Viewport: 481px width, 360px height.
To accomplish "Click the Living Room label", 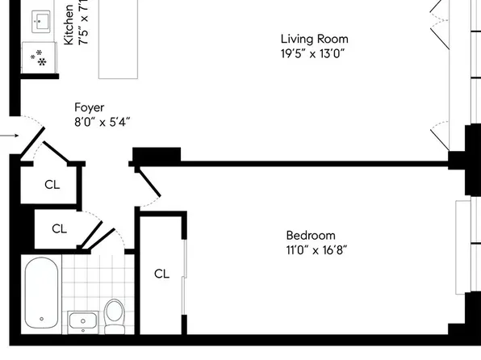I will [314, 39].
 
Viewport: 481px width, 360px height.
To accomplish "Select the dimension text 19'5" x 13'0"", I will [314, 55].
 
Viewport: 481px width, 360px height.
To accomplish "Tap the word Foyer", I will [89, 107].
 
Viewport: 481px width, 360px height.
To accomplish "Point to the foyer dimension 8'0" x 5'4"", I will [101, 123].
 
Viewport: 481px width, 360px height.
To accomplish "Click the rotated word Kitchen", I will [69, 24].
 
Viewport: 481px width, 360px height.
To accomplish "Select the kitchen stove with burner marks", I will [37, 57].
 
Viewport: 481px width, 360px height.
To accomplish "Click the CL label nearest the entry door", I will [52, 184].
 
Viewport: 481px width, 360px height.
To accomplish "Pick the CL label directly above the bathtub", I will [59, 228].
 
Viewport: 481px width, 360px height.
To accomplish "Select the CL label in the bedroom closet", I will [161, 274].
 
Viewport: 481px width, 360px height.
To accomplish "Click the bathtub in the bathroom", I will [40, 294].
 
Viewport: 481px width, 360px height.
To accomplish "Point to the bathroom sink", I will [82, 322].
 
